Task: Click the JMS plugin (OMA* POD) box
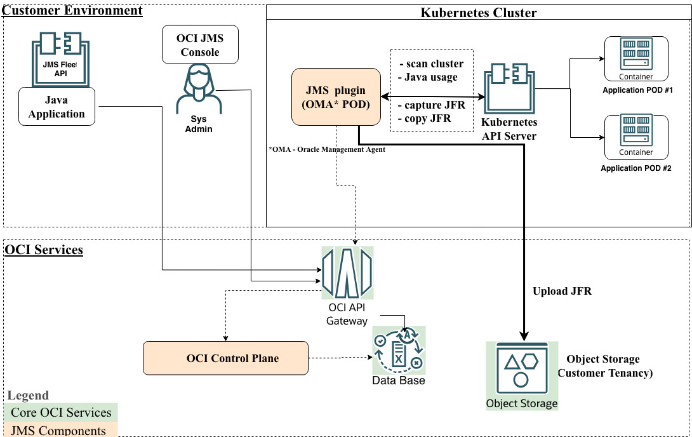(x=336, y=97)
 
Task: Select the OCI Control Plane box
(x=225, y=358)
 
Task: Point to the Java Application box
(x=57, y=107)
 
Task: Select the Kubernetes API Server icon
(x=509, y=88)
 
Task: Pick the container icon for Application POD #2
(x=636, y=133)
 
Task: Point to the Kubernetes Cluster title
(x=478, y=13)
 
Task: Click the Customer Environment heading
(x=73, y=11)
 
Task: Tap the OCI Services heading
(x=44, y=250)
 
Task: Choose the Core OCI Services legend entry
(x=61, y=412)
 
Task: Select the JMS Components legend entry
(x=58, y=431)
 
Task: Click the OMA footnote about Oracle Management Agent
(x=326, y=150)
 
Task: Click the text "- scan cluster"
(x=431, y=64)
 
